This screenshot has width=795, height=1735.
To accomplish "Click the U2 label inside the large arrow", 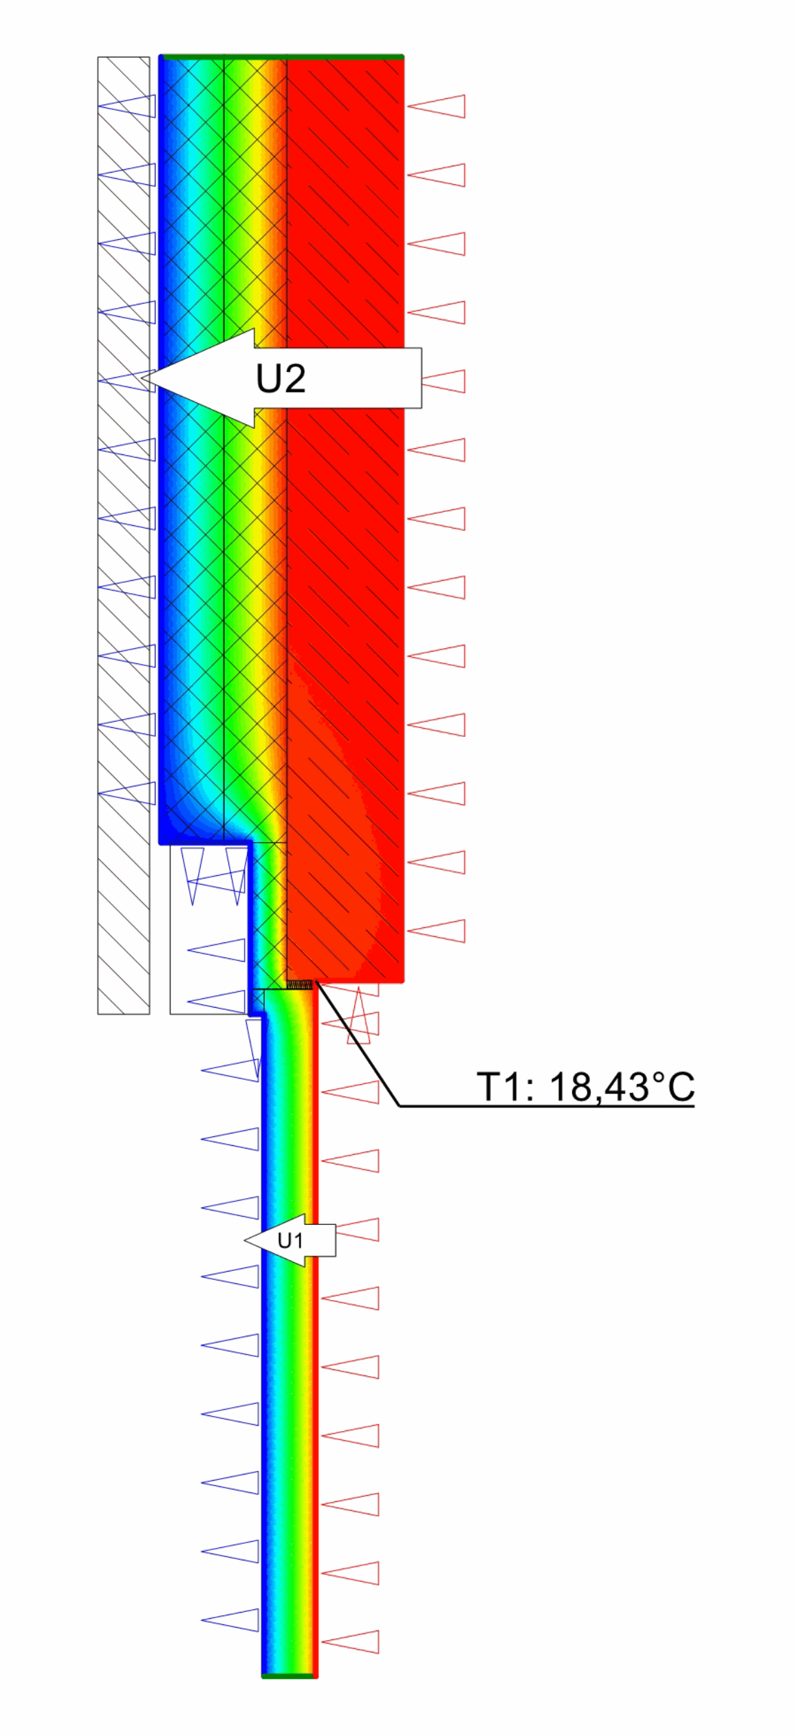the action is (281, 379).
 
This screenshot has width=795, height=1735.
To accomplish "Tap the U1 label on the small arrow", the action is (290, 1241).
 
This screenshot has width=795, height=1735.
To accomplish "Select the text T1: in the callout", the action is (505, 1087).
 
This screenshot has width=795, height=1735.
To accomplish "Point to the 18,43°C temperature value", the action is (622, 1087).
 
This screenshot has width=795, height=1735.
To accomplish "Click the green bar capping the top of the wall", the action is (281, 57).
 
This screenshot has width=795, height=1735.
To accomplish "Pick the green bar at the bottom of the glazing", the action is (290, 1676).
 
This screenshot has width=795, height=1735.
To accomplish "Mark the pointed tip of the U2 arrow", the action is (142, 378).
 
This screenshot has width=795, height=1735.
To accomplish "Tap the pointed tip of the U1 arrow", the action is (246, 1240).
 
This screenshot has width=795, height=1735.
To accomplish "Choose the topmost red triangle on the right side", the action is (436, 107).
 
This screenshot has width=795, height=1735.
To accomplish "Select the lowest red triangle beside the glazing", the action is (350, 1642).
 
